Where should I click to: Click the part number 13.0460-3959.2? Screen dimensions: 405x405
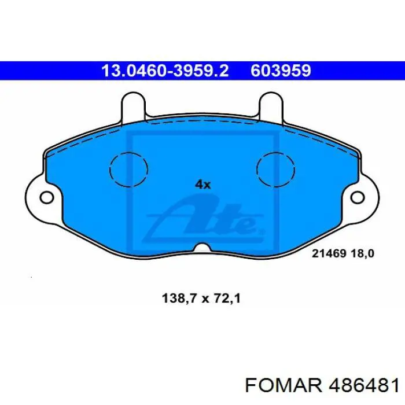[165, 71]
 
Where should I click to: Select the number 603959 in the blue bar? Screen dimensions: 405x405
[281, 71]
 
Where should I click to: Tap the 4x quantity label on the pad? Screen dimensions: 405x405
[203, 185]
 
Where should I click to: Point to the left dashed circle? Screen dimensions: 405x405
[110, 169]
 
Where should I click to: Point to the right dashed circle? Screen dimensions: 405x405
[257, 169]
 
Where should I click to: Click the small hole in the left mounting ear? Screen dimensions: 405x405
[47, 198]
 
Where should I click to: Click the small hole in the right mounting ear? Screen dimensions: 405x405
[358, 198]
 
